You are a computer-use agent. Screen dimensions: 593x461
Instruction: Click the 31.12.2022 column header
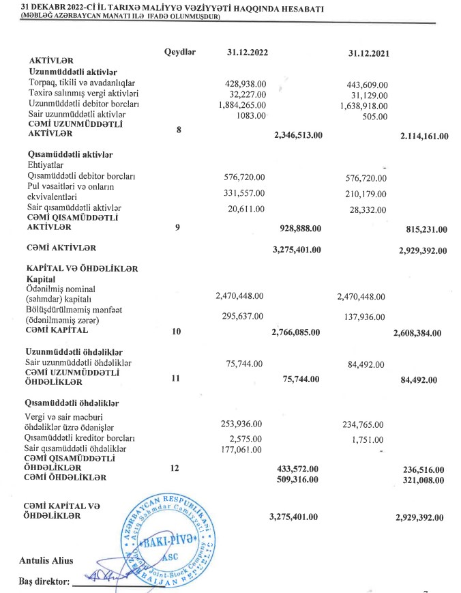point(247,53)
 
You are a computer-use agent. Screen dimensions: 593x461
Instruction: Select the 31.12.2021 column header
point(369,54)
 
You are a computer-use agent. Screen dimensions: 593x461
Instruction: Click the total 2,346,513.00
point(297,136)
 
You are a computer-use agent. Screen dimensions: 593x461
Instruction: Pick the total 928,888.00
point(301,228)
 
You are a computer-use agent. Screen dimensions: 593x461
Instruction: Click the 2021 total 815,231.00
point(423,229)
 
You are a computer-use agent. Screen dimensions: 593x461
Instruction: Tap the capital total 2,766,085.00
point(295,332)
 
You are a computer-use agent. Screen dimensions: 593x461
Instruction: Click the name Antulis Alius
point(46,561)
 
